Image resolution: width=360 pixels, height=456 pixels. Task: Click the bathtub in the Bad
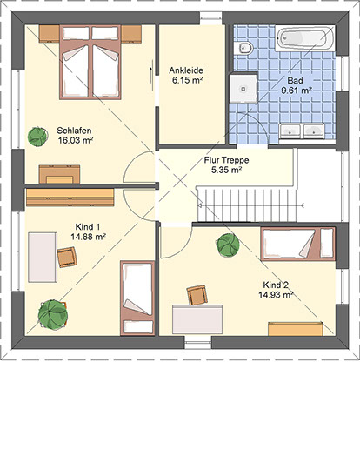point(305,38)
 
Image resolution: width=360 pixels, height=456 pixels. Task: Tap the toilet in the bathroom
point(243,48)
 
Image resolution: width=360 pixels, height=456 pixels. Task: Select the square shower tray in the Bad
point(243,89)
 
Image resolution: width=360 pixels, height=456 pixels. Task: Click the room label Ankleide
point(186,70)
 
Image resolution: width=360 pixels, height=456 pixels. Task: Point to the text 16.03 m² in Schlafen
point(76,140)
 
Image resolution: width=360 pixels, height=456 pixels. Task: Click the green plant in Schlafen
point(37,137)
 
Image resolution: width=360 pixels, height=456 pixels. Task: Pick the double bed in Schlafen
point(90,63)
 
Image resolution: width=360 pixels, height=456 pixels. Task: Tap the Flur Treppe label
point(226,160)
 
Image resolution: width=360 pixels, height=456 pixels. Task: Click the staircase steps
point(247,205)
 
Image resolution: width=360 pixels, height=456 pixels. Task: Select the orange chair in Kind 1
point(67,257)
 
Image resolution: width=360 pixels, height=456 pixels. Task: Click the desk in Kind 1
point(43,257)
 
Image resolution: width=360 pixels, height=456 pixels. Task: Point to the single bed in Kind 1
point(137,298)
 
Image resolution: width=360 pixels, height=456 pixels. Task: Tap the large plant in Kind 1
point(53,315)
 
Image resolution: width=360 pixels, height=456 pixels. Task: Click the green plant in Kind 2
point(228,245)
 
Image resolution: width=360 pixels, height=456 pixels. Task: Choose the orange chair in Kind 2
point(197,295)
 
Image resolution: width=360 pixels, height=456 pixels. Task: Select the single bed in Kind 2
point(297,244)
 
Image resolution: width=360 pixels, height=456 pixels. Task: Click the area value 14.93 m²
point(276,295)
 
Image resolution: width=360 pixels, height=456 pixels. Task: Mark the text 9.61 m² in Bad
point(297,91)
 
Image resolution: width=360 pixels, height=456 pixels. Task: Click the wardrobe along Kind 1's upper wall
point(70,198)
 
